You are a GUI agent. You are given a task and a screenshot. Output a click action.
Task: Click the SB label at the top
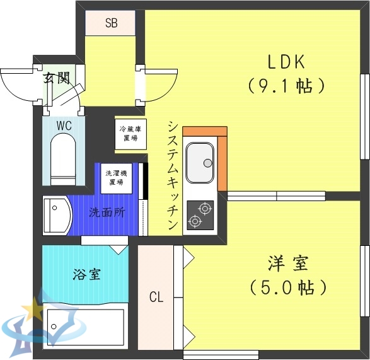click(x=111, y=24)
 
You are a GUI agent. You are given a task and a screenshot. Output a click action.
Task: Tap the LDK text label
click(x=286, y=62)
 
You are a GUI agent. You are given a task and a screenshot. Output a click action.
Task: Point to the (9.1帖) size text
click(x=286, y=85)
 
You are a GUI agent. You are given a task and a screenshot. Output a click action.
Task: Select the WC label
click(x=64, y=125)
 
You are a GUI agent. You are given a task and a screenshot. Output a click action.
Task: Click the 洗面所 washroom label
click(x=106, y=212)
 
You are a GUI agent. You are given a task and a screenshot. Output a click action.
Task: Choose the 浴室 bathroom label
click(x=84, y=276)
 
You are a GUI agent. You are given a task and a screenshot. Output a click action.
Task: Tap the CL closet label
click(x=156, y=296)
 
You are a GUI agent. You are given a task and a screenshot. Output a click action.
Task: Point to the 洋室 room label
click(x=287, y=263)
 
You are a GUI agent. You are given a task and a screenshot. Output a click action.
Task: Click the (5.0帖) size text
click(x=287, y=287)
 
